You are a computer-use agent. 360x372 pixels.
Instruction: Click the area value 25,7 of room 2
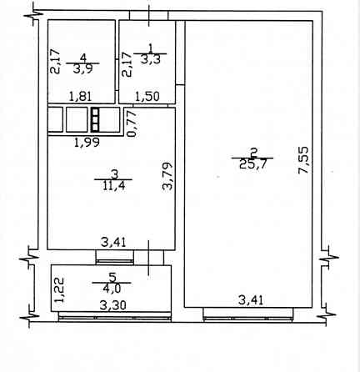coord(252,164)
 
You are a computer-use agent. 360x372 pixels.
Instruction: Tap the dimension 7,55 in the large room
coord(303,160)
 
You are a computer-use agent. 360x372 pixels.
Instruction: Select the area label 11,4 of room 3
coord(114,185)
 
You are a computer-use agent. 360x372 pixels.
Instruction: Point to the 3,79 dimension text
coord(167,176)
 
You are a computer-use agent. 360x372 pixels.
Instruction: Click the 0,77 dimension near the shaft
coord(132,124)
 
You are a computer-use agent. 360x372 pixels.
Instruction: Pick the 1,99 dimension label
coord(87,143)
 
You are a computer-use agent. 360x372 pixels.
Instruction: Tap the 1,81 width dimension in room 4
coord(81,97)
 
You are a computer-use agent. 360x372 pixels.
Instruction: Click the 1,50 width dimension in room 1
coord(147,97)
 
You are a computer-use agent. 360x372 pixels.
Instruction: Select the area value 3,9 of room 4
coord(82,69)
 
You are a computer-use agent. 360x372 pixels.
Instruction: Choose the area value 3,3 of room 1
coord(150,59)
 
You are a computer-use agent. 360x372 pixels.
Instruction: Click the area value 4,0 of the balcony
coord(112,289)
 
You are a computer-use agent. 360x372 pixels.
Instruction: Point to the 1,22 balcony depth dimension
coord(59,290)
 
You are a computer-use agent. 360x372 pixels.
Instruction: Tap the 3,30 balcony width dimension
coord(112,305)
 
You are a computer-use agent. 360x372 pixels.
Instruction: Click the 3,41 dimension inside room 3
coord(113,243)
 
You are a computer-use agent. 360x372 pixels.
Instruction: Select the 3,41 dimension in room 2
coord(251,300)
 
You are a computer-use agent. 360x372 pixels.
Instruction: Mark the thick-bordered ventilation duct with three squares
coord(95,120)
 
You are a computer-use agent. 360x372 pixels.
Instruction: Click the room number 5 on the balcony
coord(112,277)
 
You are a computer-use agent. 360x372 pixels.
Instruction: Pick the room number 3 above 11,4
coord(114,174)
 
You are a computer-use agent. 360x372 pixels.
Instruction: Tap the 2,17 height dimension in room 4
coord(55,61)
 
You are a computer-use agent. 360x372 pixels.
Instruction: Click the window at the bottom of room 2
coord(248,314)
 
